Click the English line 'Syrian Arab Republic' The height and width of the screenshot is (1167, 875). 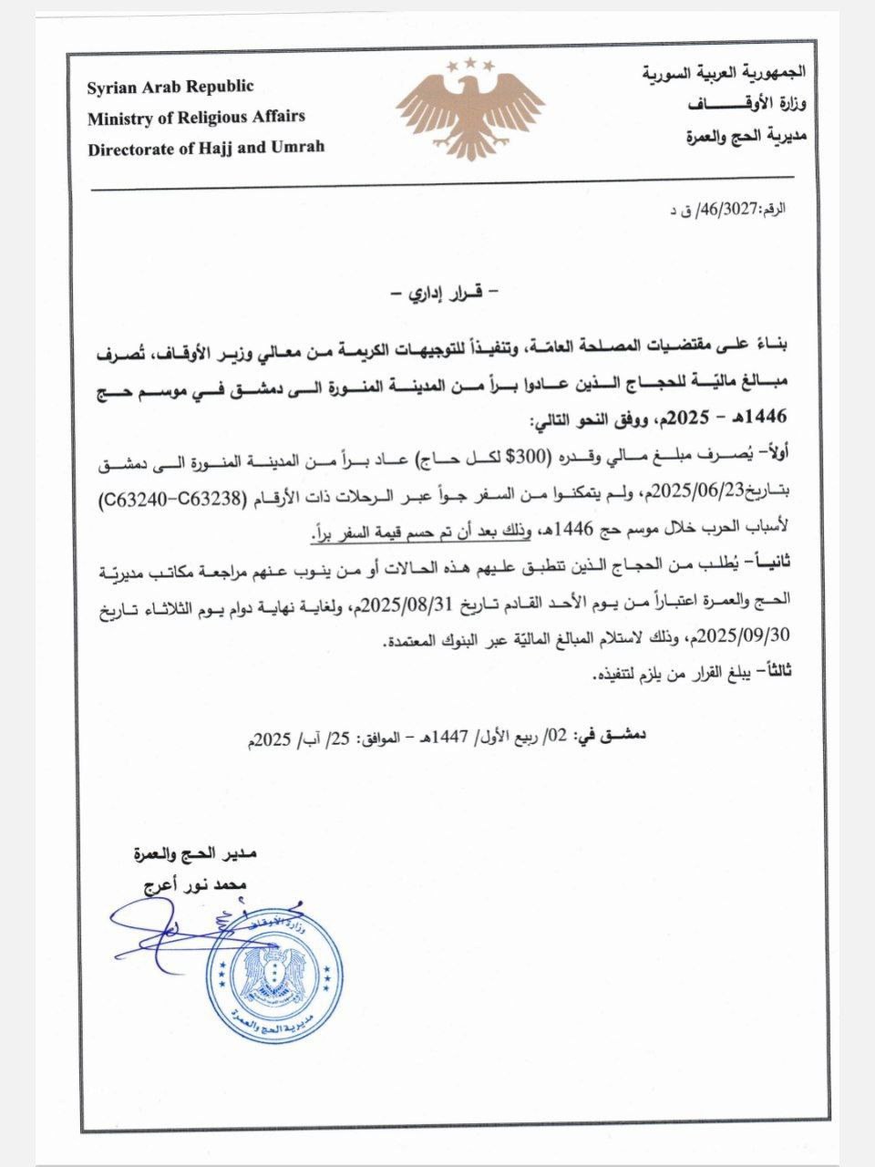170,88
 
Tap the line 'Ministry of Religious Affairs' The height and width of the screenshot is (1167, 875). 196,117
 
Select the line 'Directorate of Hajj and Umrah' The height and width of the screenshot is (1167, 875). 206,147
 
